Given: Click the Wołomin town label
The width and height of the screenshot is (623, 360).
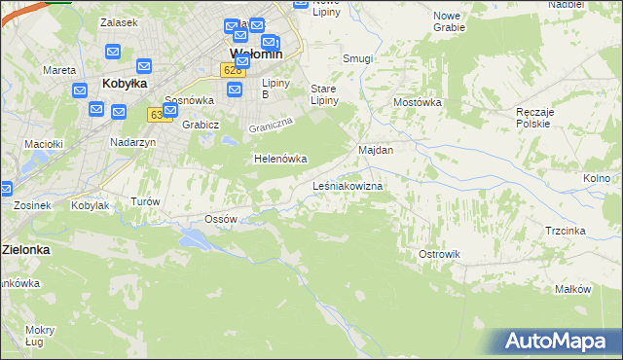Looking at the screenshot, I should tap(256, 54).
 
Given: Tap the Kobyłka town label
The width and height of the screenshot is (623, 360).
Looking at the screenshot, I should tap(125, 84).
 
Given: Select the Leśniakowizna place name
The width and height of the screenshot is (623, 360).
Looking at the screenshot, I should tap(348, 185).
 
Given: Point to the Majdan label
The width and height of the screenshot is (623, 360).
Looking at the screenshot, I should tap(376, 150).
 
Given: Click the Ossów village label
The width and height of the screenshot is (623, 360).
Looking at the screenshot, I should tap(221, 219).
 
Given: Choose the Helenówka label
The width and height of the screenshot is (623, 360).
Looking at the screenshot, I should tap(280, 159).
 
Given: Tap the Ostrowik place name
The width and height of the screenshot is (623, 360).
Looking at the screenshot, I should tap(438, 254).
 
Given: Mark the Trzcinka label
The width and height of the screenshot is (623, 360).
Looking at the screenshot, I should tap(565, 231).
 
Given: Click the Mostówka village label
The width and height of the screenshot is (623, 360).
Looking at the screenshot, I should tap(418, 101).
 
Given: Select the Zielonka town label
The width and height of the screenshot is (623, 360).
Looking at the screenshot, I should tap(25, 249).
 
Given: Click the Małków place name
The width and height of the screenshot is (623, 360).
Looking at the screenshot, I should tap(572, 289).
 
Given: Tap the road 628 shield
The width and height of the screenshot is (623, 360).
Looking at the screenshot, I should tap(231, 70).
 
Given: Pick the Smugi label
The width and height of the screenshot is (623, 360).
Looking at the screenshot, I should tap(357, 58).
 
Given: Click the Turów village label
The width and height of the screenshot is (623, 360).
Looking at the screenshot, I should tap(144, 201).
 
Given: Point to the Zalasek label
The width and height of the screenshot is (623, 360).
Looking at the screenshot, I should tap(120, 21).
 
